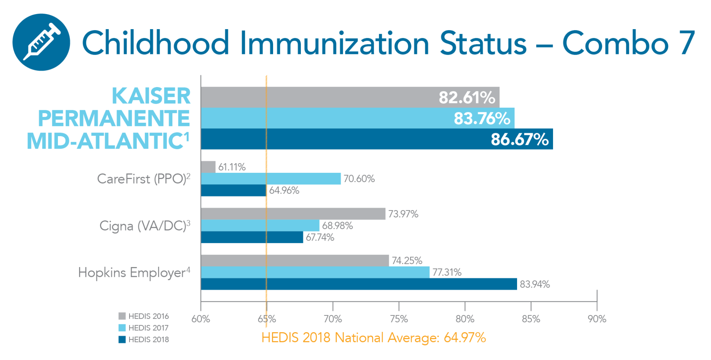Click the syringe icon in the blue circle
(41, 42)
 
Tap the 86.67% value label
(520, 139)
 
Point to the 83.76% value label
(482, 118)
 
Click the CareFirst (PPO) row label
(144, 179)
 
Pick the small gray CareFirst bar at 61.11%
(208, 167)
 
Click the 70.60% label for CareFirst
(359, 179)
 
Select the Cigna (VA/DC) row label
(145, 226)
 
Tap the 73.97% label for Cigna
(403, 214)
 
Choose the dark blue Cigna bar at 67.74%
(252, 238)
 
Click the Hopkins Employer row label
(134, 273)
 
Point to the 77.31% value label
(447, 273)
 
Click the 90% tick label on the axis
(597, 319)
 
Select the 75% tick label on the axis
(399, 319)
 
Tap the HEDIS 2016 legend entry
(144, 316)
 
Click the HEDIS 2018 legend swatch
(122, 339)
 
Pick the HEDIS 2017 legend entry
(144, 328)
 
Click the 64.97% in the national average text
(465, 338)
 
